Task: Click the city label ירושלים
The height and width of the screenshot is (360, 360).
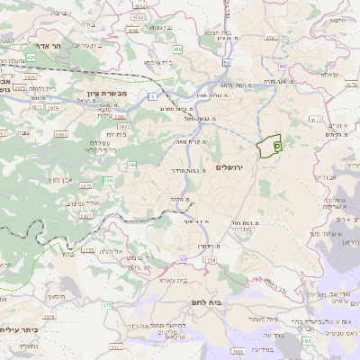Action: pyautogui.click(x=231, y=167)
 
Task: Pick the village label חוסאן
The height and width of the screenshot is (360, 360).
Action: pyautogui.click(x=56, y=296)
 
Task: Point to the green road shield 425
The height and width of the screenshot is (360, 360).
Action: pyautogui.click(x=31, y=57)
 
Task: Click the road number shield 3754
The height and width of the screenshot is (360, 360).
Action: pyautogui.click(x=210, y=260)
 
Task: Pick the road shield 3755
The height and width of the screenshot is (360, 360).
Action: pyautogui.click(x=87, y=251)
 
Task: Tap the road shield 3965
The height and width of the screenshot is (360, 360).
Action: pyautogui.click(x=61, y=134)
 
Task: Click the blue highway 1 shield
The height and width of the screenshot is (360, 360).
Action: pyautogui.click(x=153, y=95)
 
